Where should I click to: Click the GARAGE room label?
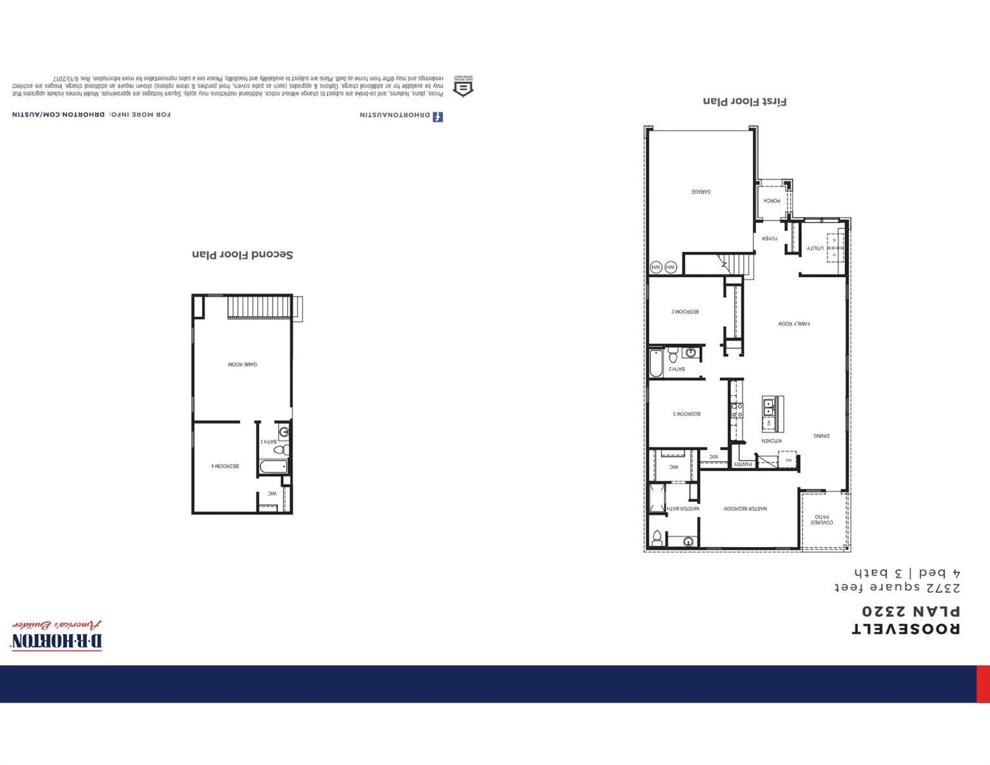pyautogui.click(x=701, y=192)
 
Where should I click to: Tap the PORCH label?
pyautogui.click(x=772, y=201)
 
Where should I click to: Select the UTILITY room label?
pyautogui.click(x=815, y=248)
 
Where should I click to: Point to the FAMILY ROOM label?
pyautogui.click(x=793, y=324)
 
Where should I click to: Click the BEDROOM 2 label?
pyautogui.click(x=685, y=312)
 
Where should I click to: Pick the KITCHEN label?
pyautogui.click(x=771, y=441)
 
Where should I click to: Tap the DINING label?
pyautogui.click(x=821, y=436)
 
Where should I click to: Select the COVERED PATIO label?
pyautogui.click(x=822, y=519)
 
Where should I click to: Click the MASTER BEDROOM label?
pyautogui.click(x=745, y=509)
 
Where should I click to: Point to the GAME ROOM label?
pyautogui.click(x=242, y=364)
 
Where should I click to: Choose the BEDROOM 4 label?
pyautogui.click(x=225, y=466)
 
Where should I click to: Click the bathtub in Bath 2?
pyautogui.click(x=656, y=363)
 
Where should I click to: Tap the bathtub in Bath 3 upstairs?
pyautogui.click(x=273, y=466)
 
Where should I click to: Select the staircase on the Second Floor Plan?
pyautogui.click(x=260, y=307)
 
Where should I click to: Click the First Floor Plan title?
pyautogui.click(x=744, y=101)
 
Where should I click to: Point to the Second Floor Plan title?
pyautogui.click(x=242, y=255)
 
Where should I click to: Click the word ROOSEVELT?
pyautogui.click(x=906, y=629)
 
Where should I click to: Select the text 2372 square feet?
pyautogui.click(x=897, y=588)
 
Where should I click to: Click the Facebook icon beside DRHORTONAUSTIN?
pyautogui.click(x=438, y=117)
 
